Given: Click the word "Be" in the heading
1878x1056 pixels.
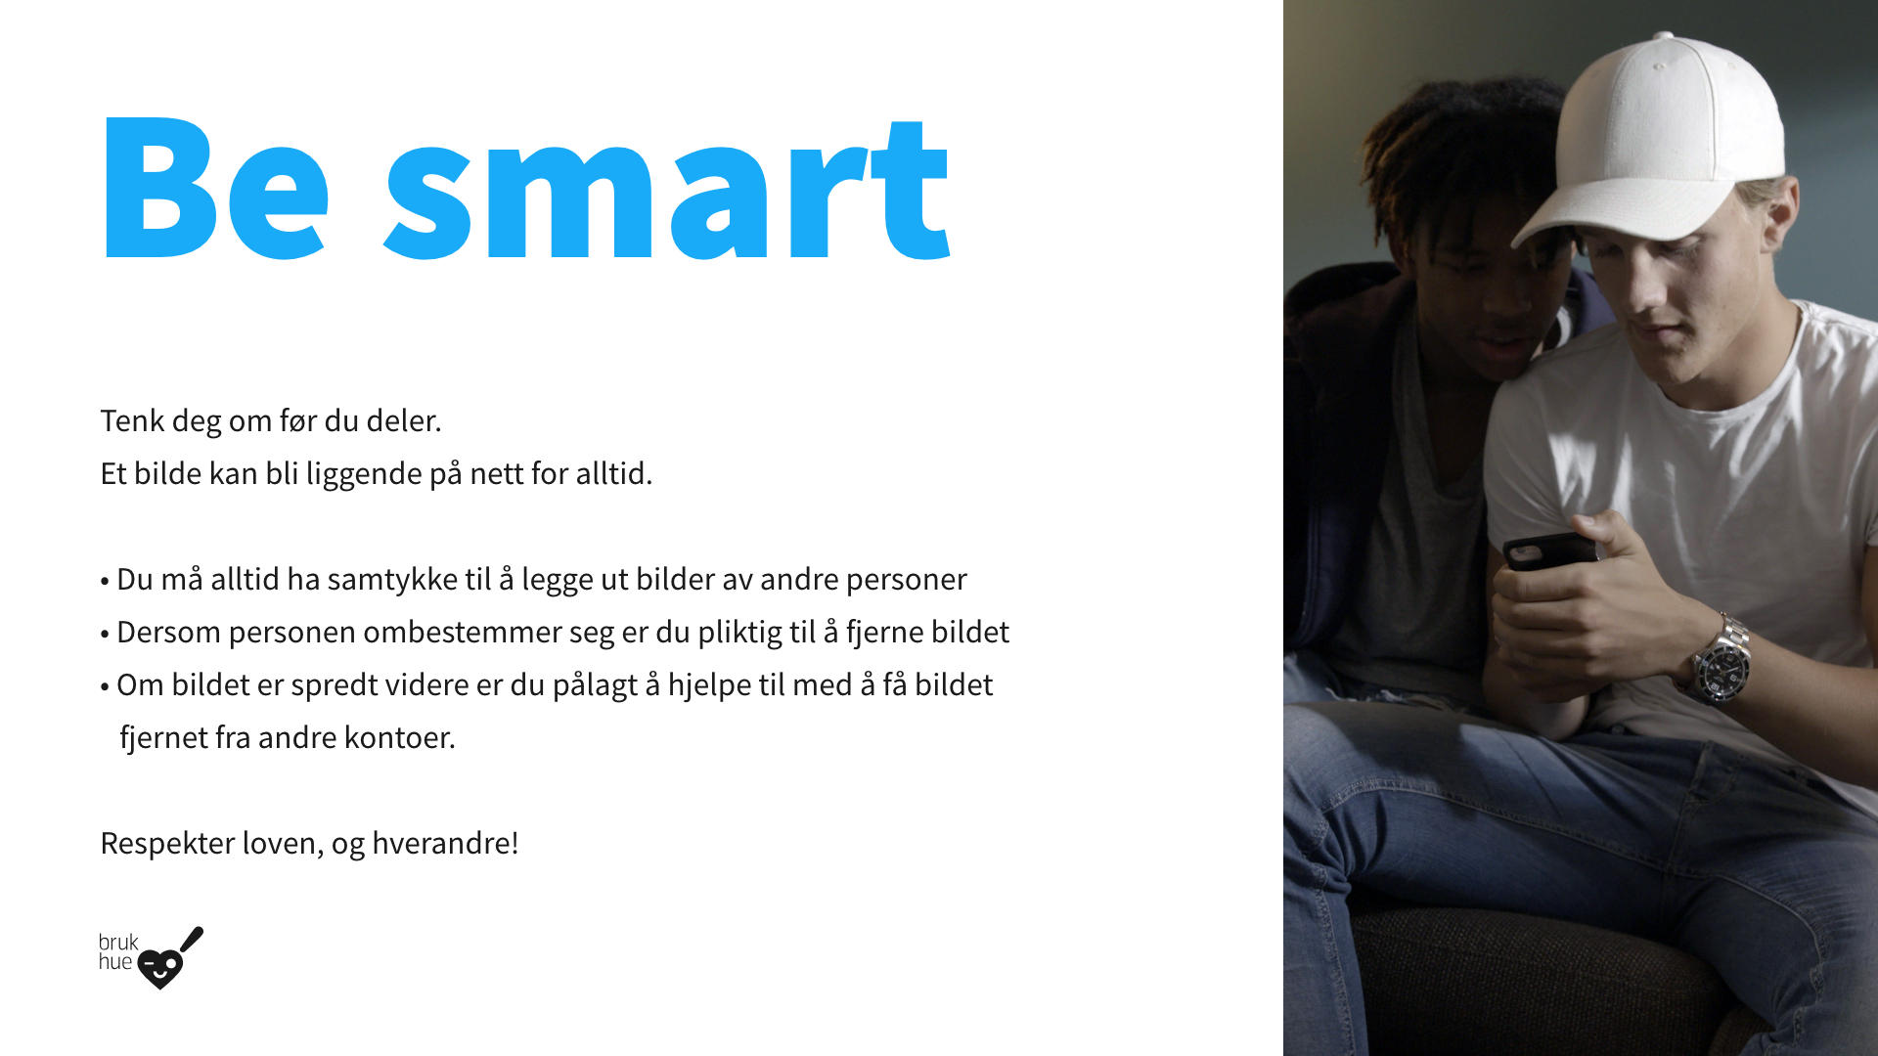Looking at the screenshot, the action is click(216, 188).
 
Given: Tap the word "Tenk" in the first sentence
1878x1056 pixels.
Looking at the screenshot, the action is click(132, 420).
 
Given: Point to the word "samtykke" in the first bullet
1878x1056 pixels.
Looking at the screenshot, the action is click(409, 580).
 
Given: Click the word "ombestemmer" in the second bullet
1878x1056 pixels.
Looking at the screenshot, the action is click(463, 632).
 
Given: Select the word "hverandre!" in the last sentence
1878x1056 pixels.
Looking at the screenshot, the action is click(445, 843).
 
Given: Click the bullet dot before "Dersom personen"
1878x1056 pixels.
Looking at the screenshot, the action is click(105, 635).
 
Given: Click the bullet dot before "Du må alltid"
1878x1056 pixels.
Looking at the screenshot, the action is click(105, 582).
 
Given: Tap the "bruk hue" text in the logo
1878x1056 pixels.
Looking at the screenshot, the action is click(117, 951).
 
